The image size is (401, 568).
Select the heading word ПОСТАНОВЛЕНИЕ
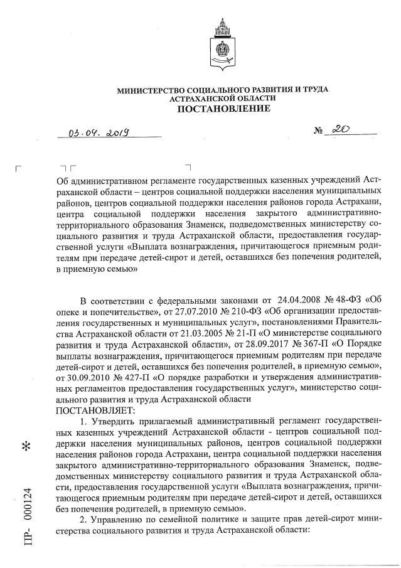coord(223,109)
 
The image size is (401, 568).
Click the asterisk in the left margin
coord(26,447)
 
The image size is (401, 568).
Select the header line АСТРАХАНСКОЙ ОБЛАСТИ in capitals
coord(223,99)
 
